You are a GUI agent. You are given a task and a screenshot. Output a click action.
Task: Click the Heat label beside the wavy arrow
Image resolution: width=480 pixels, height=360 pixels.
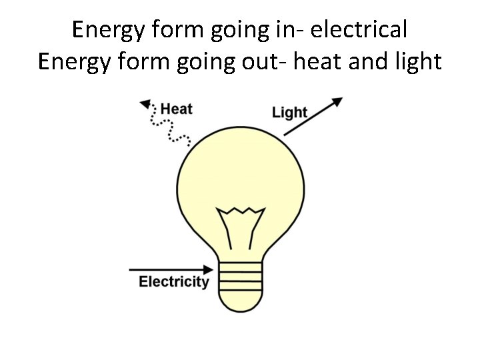[177, 108]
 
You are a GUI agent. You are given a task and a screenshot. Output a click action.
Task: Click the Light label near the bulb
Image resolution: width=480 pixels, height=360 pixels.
[289, 112]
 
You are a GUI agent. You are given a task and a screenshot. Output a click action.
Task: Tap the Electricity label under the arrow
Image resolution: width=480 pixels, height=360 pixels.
[173, 282]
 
